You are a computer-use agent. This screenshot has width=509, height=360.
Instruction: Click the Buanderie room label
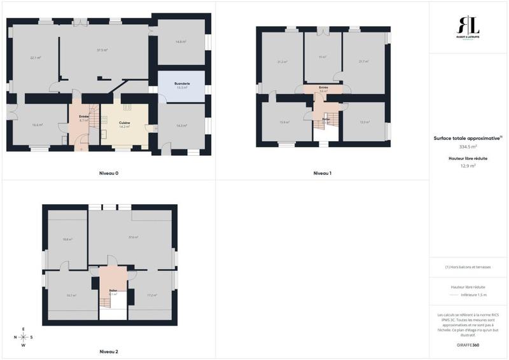coord(183,83)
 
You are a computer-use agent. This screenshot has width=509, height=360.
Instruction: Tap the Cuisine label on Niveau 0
coord(124,122)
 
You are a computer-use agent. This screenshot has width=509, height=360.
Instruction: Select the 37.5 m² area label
coord(102,50)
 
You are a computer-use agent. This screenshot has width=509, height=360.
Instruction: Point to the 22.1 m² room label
coord(36,58)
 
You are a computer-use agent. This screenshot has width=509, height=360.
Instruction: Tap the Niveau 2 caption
coord(109,351)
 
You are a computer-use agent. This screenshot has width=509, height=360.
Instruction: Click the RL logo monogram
coord(470,27)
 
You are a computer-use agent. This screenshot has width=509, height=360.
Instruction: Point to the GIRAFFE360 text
coord(467,345)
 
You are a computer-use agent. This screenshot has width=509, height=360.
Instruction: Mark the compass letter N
coord(15,338)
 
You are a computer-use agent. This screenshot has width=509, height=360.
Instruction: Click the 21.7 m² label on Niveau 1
coord(363,62)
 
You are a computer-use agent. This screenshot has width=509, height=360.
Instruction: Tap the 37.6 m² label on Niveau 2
coord(133,237)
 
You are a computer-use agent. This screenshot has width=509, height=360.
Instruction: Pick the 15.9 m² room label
coord(284,122)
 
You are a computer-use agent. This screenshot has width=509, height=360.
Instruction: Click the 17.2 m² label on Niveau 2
coord(152,295)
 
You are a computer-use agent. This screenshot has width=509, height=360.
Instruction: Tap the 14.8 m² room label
coord(181,41)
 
